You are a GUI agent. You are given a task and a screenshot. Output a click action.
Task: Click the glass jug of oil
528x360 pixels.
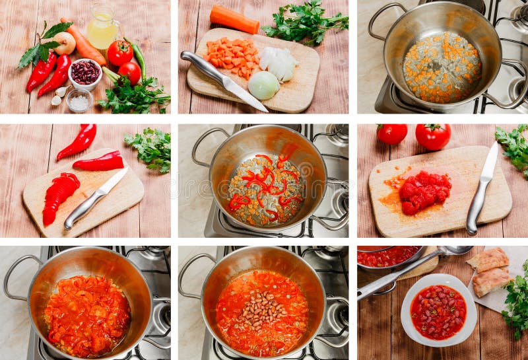point(102,30)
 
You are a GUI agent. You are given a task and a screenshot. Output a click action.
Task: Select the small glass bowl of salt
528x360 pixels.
point(79,101)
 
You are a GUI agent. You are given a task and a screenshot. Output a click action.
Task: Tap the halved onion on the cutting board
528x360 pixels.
point(263,85)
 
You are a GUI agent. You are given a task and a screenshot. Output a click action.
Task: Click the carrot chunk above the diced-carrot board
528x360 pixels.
point(234,19)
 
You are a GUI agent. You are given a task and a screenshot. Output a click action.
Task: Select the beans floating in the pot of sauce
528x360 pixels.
point(262,310)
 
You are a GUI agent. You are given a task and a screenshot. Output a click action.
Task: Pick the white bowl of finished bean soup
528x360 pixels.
point(438,310)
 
